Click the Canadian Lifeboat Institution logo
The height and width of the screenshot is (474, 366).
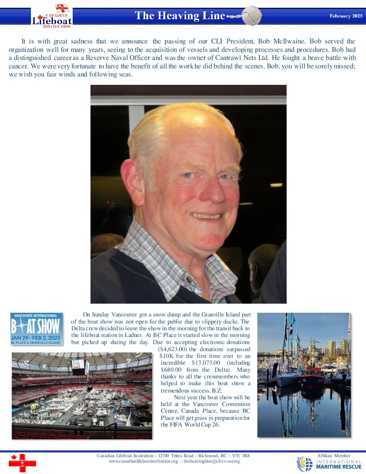[x=52, y=16]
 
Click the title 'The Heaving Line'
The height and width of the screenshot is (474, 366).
[x=180, y=15]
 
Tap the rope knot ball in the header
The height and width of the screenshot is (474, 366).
[x=252, y=15]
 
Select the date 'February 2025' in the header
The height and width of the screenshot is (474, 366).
[x=346, y=16]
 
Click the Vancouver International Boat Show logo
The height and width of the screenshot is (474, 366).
[x=36, y=329]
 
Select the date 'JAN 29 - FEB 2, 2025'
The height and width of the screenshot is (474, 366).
[x=36, y=338]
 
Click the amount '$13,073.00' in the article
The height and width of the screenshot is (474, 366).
[x=206, y=363]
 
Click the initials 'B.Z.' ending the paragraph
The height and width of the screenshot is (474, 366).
[x=217, y=391]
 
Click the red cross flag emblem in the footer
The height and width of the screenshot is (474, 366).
[x=22, y=463]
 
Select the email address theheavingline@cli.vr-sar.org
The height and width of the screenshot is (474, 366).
[x=212, y=461]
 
